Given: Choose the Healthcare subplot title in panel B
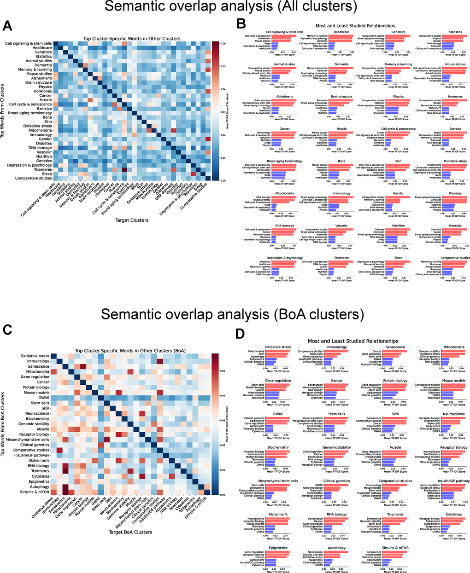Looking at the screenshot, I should (341, 32).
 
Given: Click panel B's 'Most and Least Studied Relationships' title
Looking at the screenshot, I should (355, 26).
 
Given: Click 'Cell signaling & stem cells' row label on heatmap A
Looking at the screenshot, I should (29, 43).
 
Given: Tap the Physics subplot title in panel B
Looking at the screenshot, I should (399, 97).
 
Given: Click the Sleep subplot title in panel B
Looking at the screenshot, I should (399, 258).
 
